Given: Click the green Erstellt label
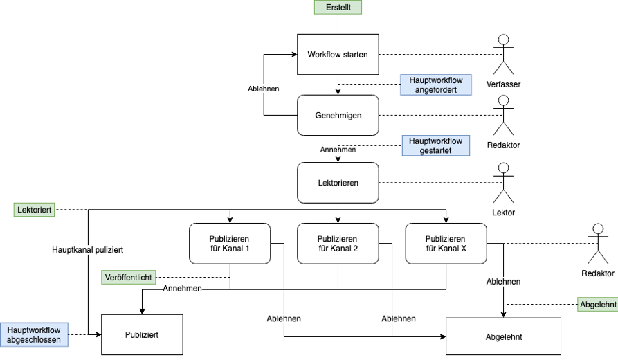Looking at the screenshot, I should pos(338,8).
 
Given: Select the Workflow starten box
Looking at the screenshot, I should pos(338,55).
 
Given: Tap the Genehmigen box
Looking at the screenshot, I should pos(338,115).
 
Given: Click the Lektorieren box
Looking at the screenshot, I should pos(338,183).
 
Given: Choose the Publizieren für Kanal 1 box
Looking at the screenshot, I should pos(230,244).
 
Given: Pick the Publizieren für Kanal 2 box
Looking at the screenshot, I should pos(338,244).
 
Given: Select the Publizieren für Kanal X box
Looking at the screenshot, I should pos(446,244).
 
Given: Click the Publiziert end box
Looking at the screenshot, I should pos(142,334).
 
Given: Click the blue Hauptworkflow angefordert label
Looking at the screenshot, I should pos(436,85).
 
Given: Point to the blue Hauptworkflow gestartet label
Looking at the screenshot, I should pos(436,145).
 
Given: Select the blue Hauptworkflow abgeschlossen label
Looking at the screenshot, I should pos(34,334).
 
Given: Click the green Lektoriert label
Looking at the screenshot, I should pos(35,208).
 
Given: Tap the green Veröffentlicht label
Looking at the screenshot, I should pos(128,277).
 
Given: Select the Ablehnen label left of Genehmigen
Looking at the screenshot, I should pos(264,89).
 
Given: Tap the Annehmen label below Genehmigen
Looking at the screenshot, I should pos(338,149).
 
